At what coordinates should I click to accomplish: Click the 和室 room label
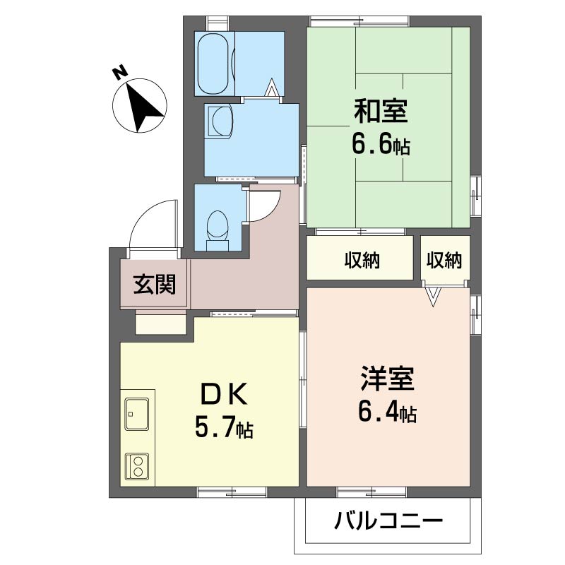(381, 112)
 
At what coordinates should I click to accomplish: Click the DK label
(224, 395)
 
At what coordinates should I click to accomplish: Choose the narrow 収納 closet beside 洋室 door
(444, 261)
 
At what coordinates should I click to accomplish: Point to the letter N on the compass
(119, 72)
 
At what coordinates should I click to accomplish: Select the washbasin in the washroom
(220, 121)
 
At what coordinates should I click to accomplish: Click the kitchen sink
(136, 413)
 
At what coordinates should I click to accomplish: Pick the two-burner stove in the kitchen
(136, 467)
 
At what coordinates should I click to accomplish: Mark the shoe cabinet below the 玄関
(161, 324)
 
